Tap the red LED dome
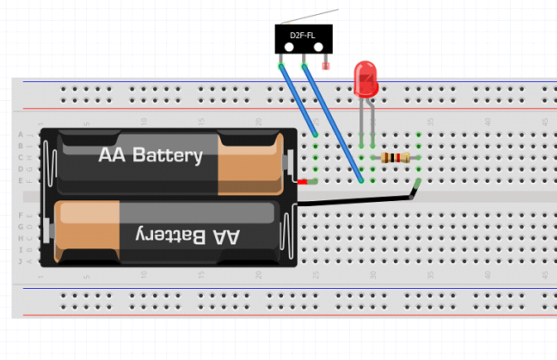(x=365, y=79)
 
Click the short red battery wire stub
(x=305, y=181)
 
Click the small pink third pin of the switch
(x=325, y=62)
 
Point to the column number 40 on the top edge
(x=487, y=122)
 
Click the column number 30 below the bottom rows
(x=373, y=274)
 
